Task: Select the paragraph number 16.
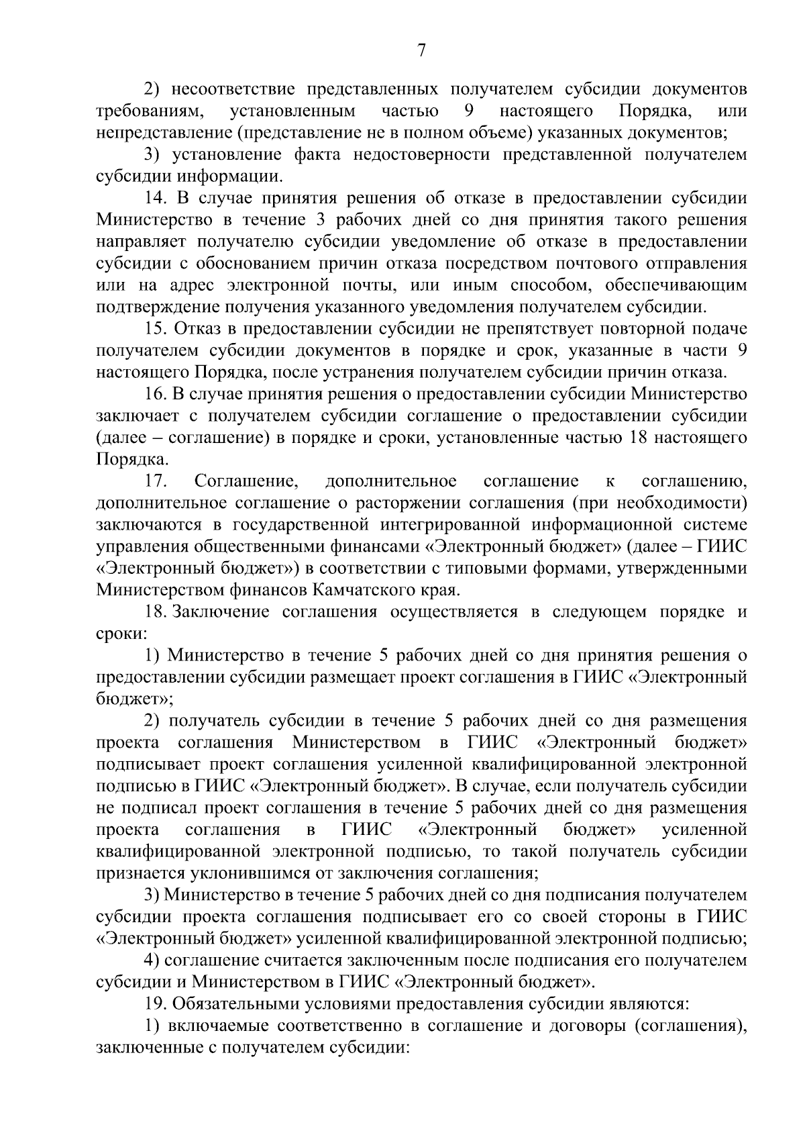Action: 156,394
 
